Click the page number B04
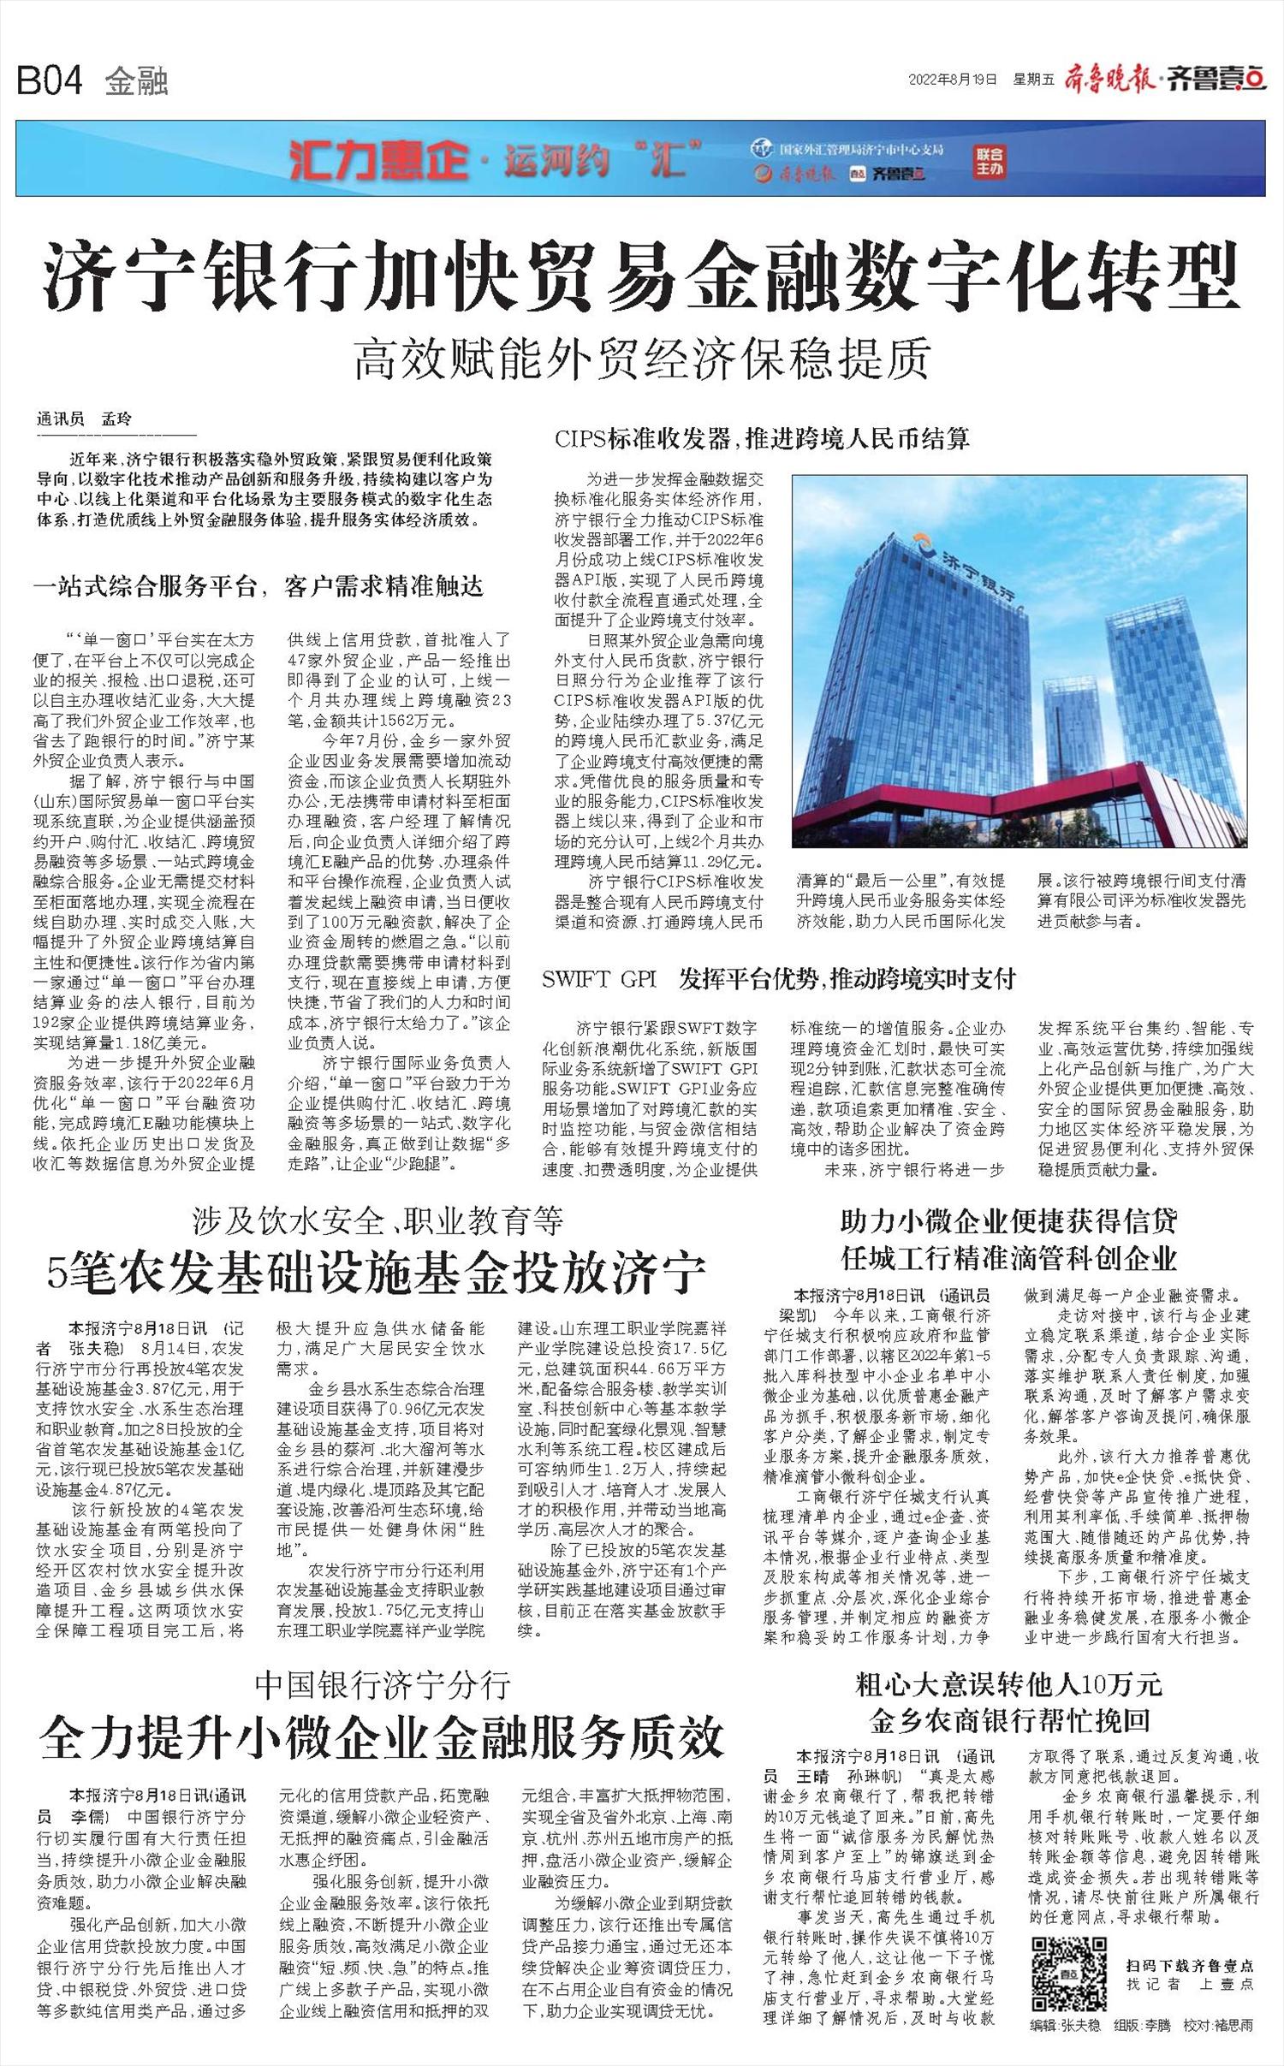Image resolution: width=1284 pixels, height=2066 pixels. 50,81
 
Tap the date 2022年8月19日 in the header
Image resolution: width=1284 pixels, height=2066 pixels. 953,80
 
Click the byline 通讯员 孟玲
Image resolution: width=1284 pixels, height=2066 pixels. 85,419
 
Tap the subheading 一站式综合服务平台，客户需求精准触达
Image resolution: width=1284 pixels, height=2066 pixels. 259,587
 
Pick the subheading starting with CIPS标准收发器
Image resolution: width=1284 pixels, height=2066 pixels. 762,440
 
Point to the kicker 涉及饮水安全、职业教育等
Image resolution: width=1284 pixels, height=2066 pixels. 377,1221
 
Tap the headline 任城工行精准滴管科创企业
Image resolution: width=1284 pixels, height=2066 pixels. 1009,1259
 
